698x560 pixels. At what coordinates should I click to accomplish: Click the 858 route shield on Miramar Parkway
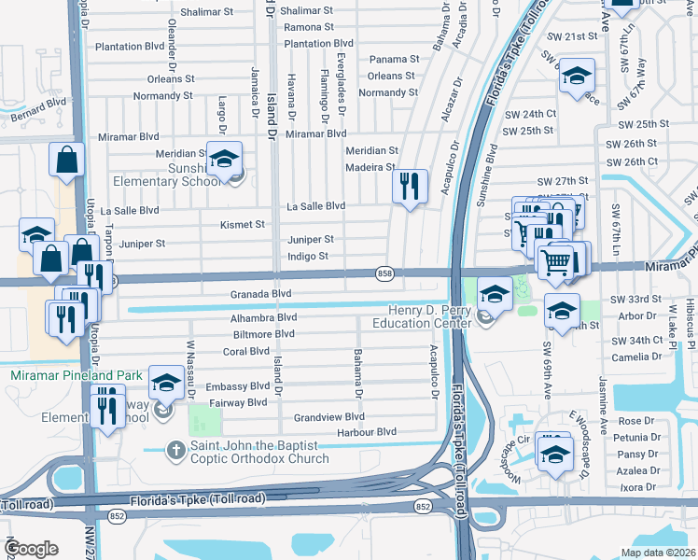(384, 273)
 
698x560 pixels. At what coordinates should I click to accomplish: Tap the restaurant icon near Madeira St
(410, 187)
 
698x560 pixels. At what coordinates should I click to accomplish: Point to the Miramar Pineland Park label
(77, 375)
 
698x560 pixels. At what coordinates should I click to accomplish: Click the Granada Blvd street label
(262, 294)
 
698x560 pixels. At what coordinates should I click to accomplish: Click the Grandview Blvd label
(328, 417)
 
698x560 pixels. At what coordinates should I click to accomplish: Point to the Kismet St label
(243, 225)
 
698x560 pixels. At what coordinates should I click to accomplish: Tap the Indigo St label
(308, 256)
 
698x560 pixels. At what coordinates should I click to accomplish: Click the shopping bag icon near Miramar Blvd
(68, 160)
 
